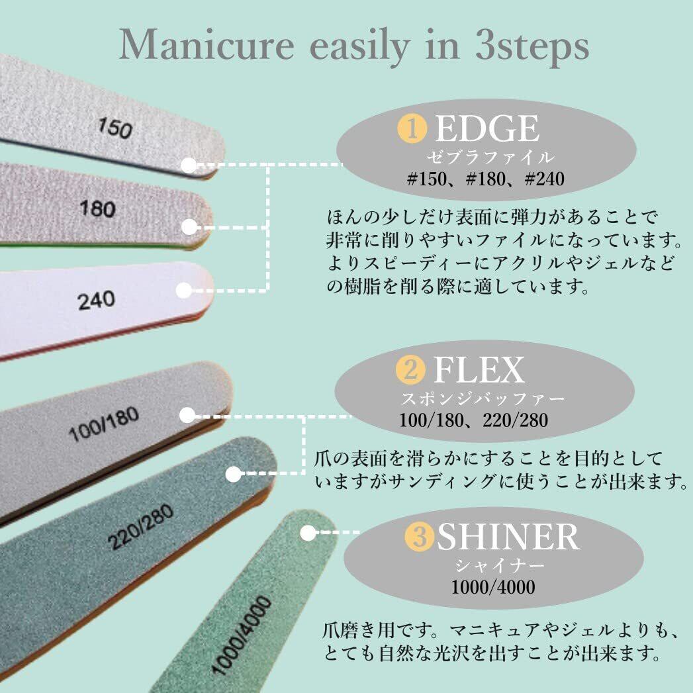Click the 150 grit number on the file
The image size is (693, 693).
115,128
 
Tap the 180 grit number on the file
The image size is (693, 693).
97,210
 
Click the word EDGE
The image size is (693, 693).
486,129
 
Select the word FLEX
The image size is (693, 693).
478,371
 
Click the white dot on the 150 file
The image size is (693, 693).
189,165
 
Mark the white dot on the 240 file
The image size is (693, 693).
185,290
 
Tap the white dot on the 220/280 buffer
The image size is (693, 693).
233,474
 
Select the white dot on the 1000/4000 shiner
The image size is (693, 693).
307,532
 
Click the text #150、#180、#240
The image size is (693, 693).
486,179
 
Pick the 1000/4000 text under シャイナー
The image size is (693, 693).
493,586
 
